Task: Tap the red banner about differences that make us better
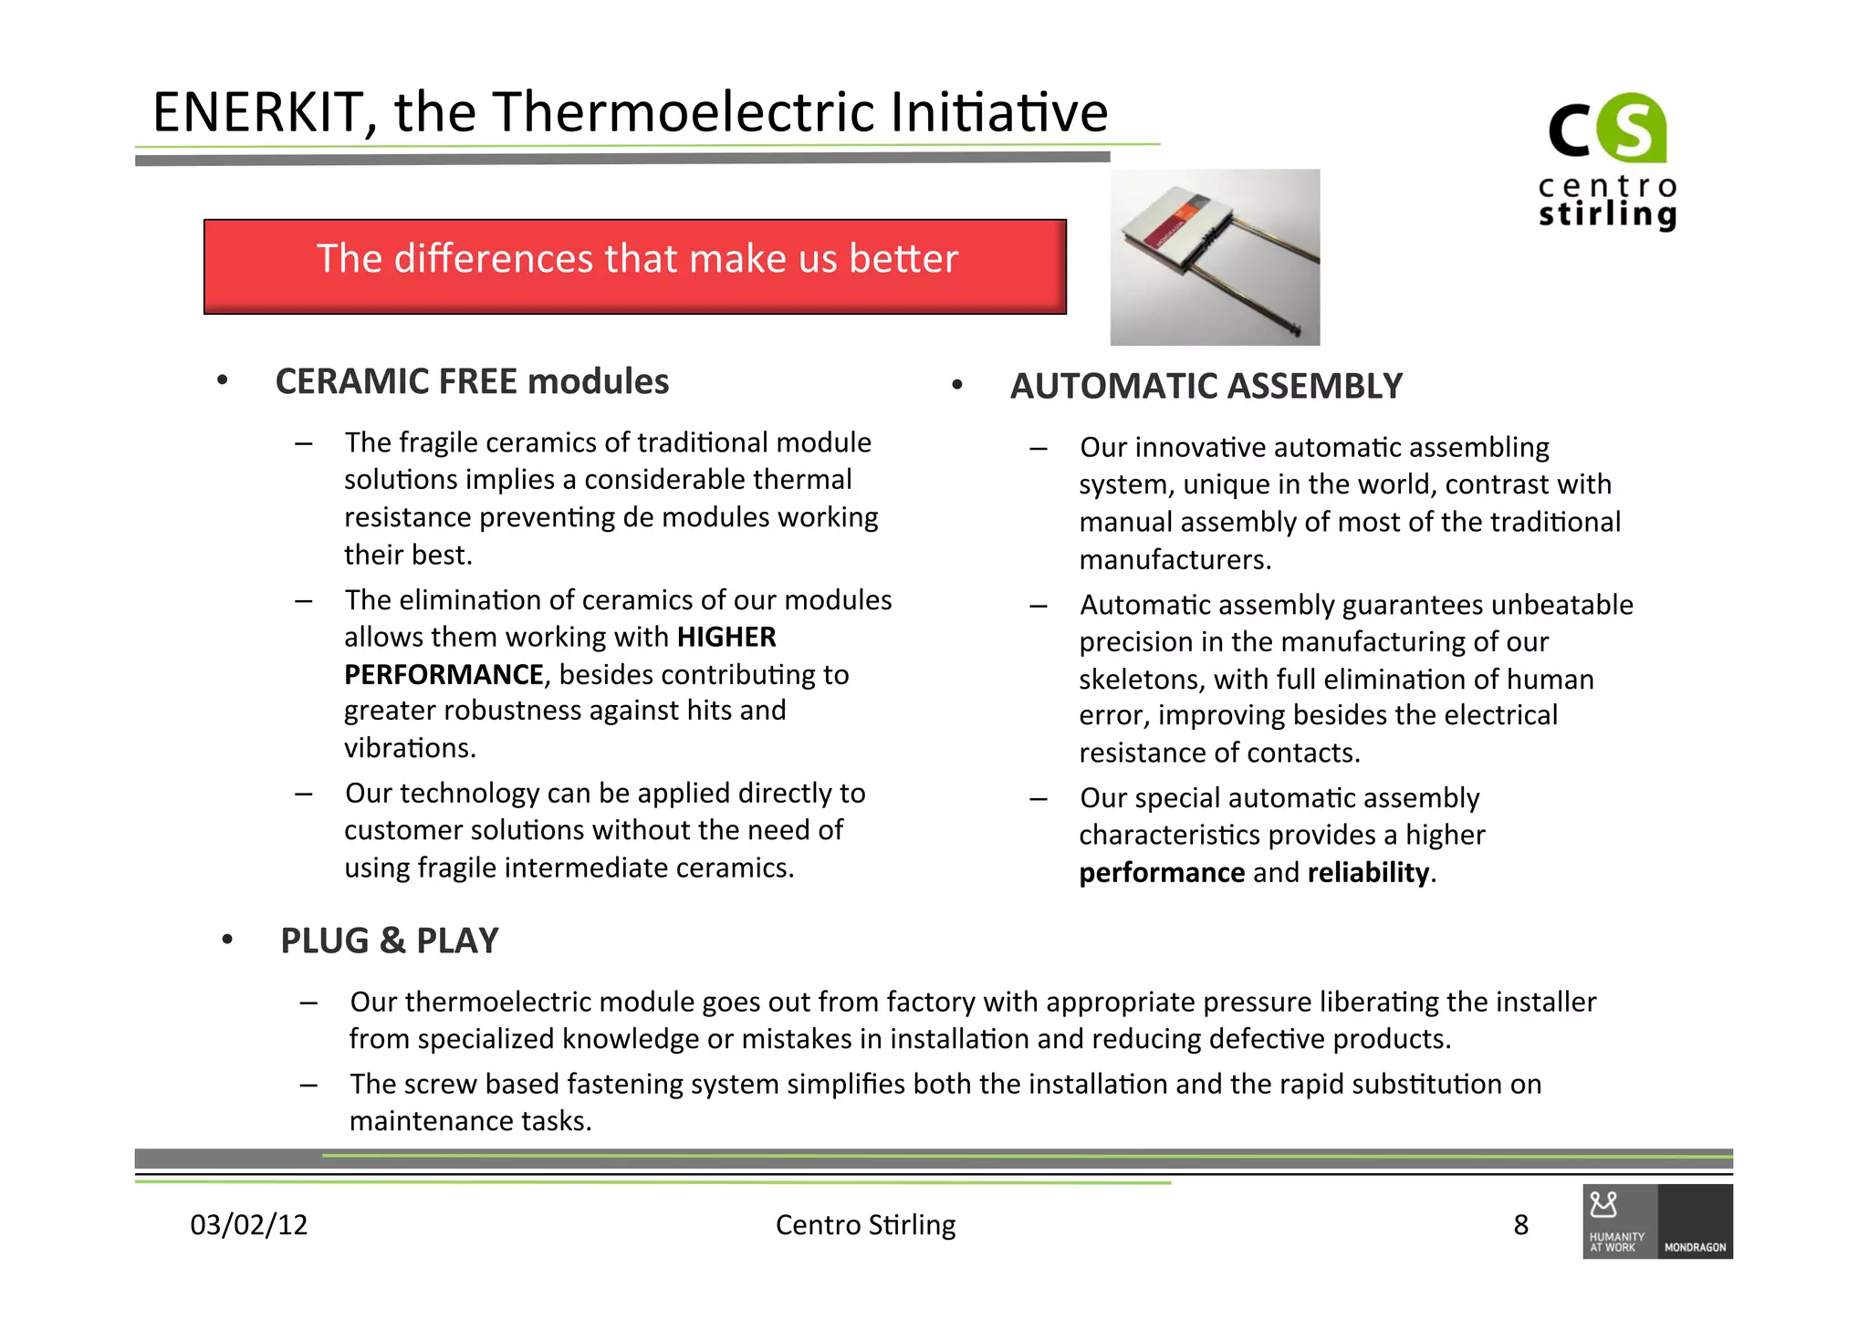[635, 265]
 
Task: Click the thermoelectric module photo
[1215, 257]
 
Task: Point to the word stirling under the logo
[1607, 214]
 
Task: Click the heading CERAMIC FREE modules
[472, 381]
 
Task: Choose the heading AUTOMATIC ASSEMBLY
[1206, 387]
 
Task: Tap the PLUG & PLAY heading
[390, 941]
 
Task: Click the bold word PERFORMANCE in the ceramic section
[444, 674]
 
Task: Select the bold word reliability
[1368, 873]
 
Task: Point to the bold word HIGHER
[726, 637]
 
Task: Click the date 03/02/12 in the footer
[248, 1224]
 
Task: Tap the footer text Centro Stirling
[865, 1224]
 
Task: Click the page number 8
[1520, 1224]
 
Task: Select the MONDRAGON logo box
[1695, 1222]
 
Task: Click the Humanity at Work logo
[1619, 1222]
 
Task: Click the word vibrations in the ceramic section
[410, 748]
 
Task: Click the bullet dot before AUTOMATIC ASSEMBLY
[956, 386]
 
